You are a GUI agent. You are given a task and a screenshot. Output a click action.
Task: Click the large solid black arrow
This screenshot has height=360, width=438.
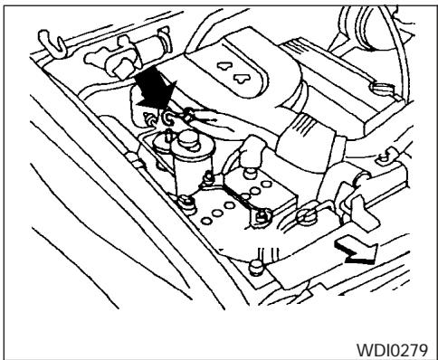(x=151, y=93)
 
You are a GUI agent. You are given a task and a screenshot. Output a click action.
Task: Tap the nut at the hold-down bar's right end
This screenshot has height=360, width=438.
(x=264, y=214)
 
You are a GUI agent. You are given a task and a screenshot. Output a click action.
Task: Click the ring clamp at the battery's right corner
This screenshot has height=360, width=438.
(x=305, y=216)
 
